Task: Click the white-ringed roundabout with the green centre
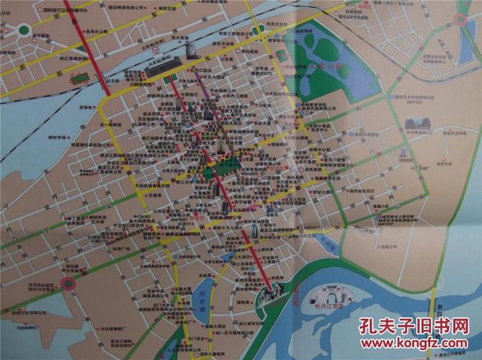click(x=24, y=31)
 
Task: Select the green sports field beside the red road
click(x=80, y=76)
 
